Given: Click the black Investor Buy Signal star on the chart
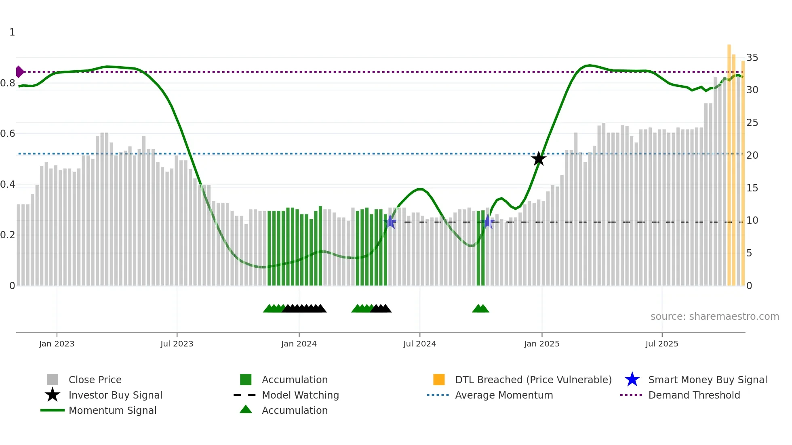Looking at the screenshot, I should pyautogui.click(x=538, y=159).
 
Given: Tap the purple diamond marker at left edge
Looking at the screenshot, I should pyautogui.click(x=19, y=72).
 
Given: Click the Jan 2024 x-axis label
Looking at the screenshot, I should pyautogui.click(x=299, y=344).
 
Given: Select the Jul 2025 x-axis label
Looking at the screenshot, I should pyautogui.click(x=661, y=344).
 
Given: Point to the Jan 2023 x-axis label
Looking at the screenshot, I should pyautogui.click(x=57, y=344).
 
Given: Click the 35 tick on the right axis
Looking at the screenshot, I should pyautogui.click(x=752, y=58).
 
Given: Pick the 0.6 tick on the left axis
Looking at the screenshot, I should pyautogui.click(x=8, y=134).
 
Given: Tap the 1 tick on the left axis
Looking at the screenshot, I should pyautogui.click(x=12, y=32).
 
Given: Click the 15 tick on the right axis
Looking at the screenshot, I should pyautogui.click(x=752, y=188).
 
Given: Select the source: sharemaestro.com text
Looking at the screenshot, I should pyautogui.click(x=714, y=317).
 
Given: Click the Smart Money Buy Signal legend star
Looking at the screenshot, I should pyautogui.click(x=632, y=380).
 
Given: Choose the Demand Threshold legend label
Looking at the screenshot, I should pyautogui.click(x=694, y=395).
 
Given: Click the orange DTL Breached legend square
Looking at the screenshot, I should pyautogui.click(x=439, y=380).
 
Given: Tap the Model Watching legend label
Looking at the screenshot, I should pyautogui.click(x=300, y=395).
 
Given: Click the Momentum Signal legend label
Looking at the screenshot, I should pyautogui.click(x=112, y=410).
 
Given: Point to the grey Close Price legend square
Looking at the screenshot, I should pyautogui.click(x=53, y=380).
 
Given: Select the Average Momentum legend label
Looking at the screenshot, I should pyautogui.click(x=504, y=395).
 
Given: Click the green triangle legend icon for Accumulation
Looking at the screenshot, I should pyautogui.click(x=246, y=409).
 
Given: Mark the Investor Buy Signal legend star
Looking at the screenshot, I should pyautogui.click(x=53, y=395).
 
